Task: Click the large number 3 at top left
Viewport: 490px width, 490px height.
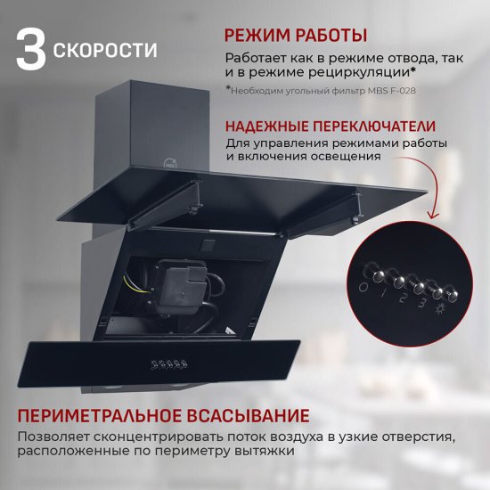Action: coord(31,50)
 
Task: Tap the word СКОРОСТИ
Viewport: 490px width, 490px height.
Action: coord(105,51)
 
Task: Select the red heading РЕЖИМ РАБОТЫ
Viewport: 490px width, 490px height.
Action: coord(295,37)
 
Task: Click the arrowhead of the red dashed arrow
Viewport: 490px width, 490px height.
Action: coord(434,216)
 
